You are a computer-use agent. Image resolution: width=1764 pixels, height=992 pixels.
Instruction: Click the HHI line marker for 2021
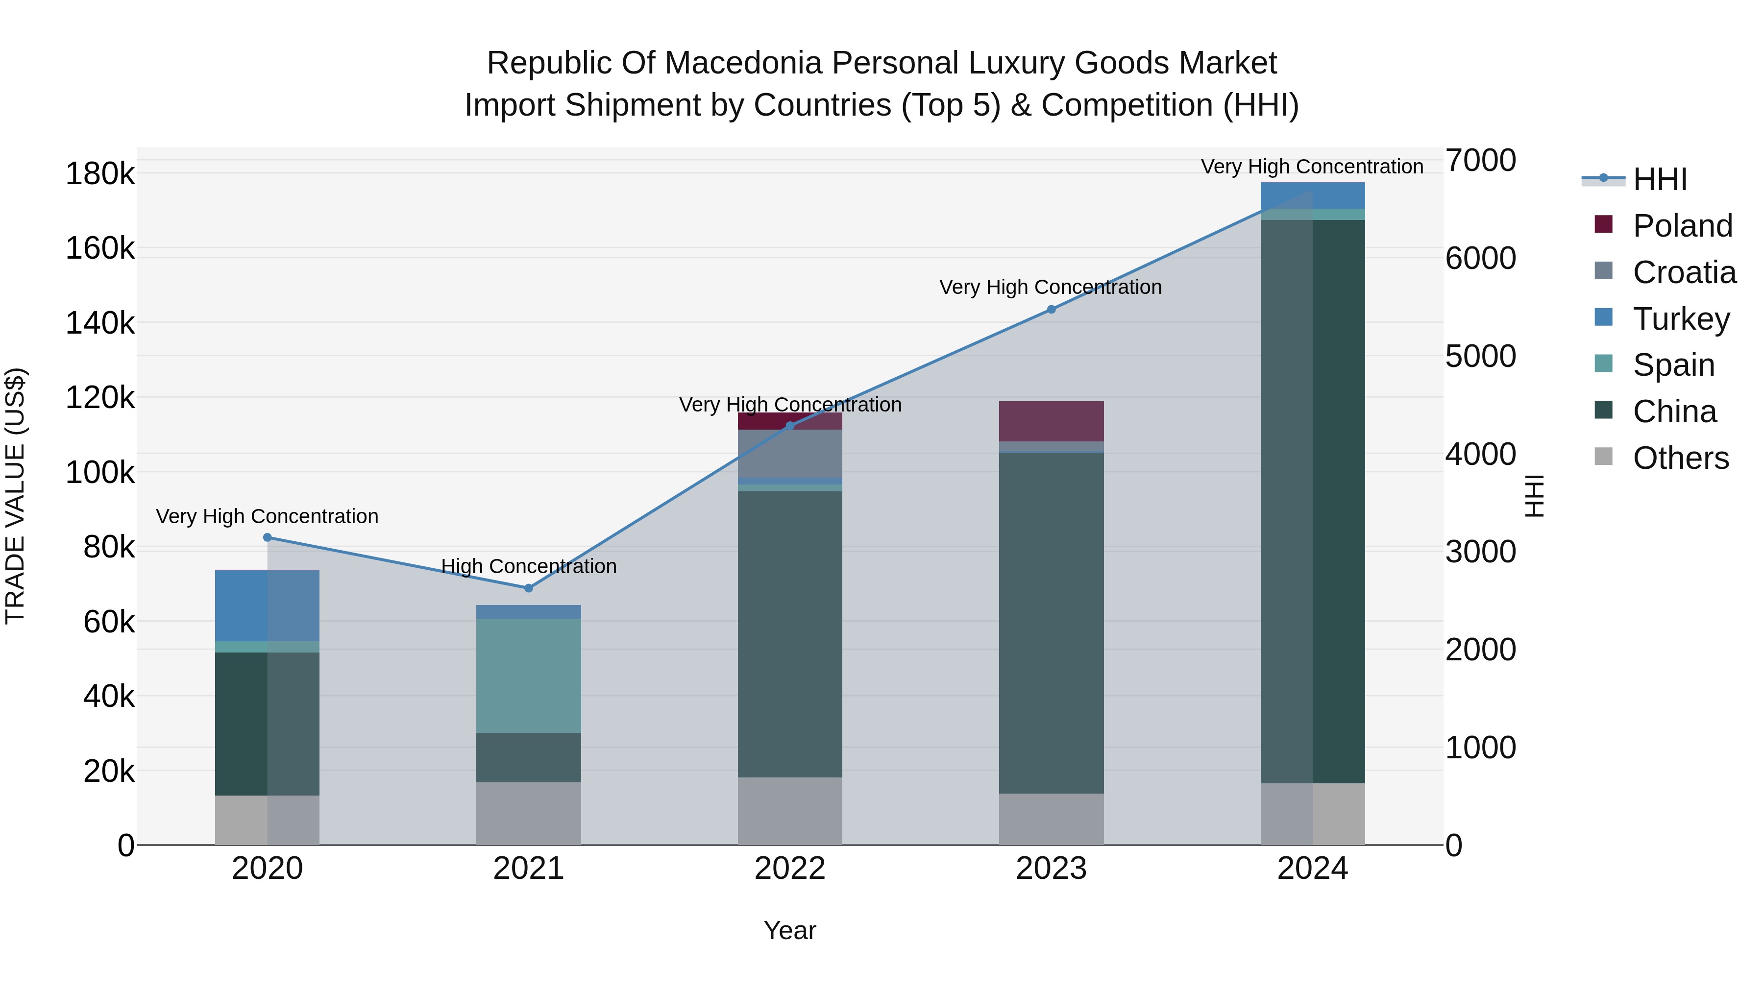tap(528, 588)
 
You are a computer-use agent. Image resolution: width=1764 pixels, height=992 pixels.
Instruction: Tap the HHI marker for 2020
tap(268, 537)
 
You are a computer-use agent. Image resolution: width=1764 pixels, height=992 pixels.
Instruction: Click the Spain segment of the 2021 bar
tap(528, 675)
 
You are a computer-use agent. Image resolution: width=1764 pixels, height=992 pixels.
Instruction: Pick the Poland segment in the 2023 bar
tap(1051, 421)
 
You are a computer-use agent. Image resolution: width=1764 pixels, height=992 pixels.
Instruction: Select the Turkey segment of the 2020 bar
tap(267, 605)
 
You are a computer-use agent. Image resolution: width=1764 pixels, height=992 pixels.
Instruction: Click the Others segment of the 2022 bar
tap(789, 811)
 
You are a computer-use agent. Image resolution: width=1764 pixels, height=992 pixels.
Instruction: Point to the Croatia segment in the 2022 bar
tap(789, 453)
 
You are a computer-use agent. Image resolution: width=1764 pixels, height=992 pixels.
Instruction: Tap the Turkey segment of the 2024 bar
tap(1312, 196)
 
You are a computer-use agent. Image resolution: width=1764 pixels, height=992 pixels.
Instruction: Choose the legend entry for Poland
tap(1682, 226)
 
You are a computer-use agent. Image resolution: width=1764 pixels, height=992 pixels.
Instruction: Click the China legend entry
tap(1674, 411)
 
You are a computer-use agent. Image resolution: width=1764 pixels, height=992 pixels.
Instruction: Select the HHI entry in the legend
tap(1659, 179)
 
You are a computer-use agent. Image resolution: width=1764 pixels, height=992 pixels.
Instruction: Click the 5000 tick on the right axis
tap(1480, 356)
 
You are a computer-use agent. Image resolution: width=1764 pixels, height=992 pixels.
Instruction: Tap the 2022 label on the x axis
tap(789, 869)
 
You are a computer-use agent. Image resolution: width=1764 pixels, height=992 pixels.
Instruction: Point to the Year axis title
tap(789, 930)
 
